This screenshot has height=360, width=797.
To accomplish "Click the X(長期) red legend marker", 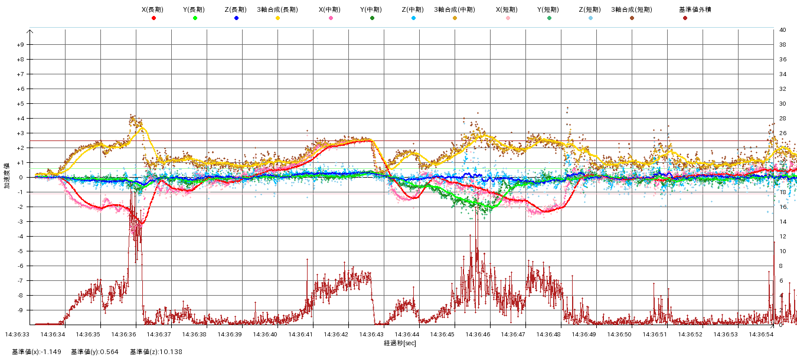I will tap(153, 18).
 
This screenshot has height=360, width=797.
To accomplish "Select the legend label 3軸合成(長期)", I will tap(277, 9).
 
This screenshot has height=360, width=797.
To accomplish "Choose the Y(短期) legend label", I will tap(549, 9).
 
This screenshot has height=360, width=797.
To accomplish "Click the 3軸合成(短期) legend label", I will tap(631, 9).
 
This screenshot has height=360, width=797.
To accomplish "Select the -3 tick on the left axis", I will tap(20, 222).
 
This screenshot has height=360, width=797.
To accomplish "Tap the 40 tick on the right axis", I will tap(783, 30).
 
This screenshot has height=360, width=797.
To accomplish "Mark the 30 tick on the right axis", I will tap(783, 104).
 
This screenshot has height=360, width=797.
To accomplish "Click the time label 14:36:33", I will tap(18, 334).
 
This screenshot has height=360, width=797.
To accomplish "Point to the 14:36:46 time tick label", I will tap(478, 334).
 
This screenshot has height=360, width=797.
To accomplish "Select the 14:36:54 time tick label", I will tap(762, 334).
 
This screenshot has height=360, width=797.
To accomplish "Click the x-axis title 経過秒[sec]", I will tap(400, 343).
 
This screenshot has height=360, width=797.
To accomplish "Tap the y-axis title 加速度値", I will tap(8, 177).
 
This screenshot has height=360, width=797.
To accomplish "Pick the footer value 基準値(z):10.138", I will tap(157, 352).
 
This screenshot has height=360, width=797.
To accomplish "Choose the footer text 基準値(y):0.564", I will tap(94, 352).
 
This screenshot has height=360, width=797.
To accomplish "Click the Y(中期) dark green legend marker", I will tap(372, 18).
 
